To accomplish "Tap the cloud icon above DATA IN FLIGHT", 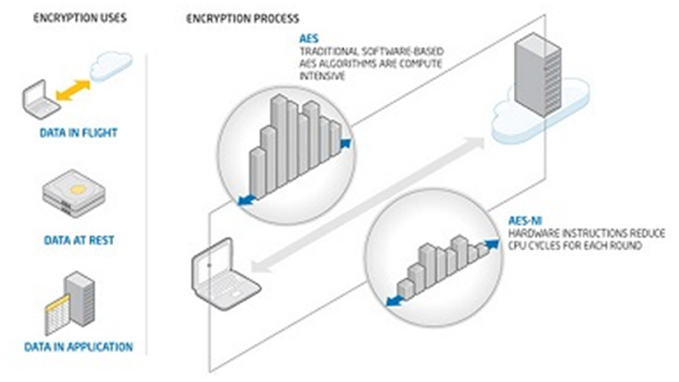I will pos(108,68).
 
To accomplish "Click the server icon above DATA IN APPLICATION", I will pos(67,297).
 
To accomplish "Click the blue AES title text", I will pos(307,40).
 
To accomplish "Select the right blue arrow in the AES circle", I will pos(347,142).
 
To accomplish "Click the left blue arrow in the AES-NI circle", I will pos(391,302).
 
